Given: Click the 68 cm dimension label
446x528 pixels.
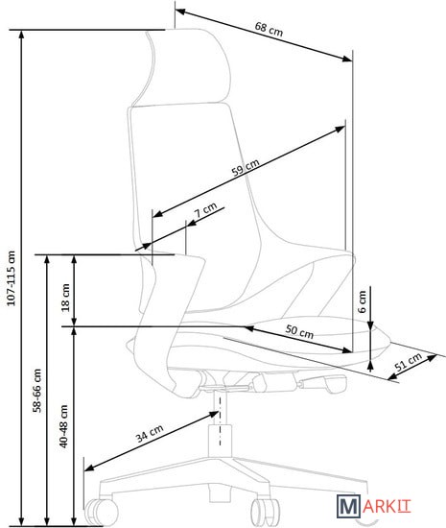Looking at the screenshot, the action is pyautogui.click(x=269, y=29).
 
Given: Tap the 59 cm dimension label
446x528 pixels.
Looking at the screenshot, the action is pyautogui.click(x=246, y=167).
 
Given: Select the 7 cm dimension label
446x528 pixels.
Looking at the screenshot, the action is pyautogui.click(x=206, y=210).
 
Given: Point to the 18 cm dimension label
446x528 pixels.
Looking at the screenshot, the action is pyautogui.click(x=65, y=298).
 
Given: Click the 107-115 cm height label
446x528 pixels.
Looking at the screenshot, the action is pyautogui.click(x=12, y=278).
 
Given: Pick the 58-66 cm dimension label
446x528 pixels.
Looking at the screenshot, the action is pyautogui.click(x=36, y=391).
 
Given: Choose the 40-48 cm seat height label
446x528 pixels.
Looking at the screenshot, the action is pyautogui.click(x=63, y=426).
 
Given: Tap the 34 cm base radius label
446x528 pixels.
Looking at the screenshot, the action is pyautogui.click(x=150, y=433).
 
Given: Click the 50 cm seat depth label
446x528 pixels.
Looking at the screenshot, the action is pyautogui.click(x=299, y=331).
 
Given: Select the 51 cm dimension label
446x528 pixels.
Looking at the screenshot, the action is pyautogui.click(x=408, y=362).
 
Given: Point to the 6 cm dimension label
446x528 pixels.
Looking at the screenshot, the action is pyautogui.click(x=362, y=301).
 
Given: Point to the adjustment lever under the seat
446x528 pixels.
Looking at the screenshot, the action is pyautogui.click(x=323, y=383).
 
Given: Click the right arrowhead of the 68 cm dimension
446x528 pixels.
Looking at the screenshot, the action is pyautogui.click(x=347, y=59).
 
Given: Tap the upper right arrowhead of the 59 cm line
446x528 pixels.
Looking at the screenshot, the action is pyautogui.click(x=340, y=129).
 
